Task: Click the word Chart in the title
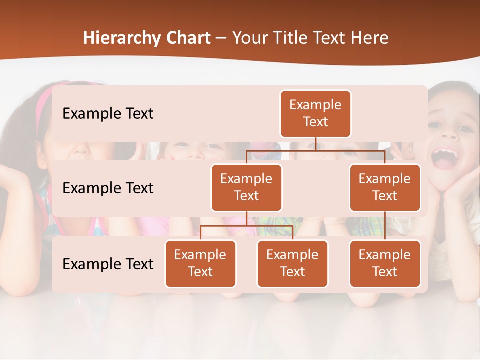coord(186,38)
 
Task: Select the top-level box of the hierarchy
coord(315,114)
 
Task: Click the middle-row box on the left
coord(246,187)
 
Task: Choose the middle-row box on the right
coord(385,187)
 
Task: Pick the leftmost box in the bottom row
coord(200,263)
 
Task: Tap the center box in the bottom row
coord(292,263)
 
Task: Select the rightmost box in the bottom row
coord(385,263)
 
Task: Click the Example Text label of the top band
coord(108,114)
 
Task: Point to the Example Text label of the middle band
coord(108,188)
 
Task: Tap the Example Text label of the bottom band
coord(108,264)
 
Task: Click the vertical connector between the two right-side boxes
coord(385,226)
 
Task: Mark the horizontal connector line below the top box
coord(315,150)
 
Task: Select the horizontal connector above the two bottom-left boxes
coord(246,226)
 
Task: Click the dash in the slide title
coord(221,39)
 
